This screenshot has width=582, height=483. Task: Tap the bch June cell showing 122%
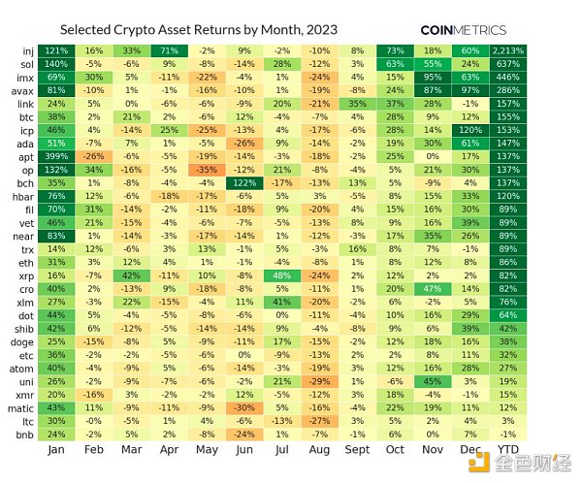point(243,180)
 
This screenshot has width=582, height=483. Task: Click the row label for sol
point(28,63)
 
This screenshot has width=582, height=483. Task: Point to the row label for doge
point(23,341)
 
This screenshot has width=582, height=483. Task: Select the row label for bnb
point(25,434)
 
